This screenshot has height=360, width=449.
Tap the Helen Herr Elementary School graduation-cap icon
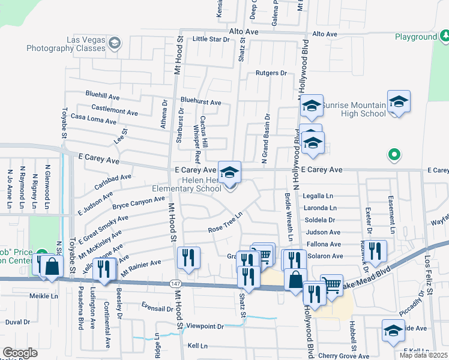(229, 173)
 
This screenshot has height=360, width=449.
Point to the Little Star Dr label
(211, 39)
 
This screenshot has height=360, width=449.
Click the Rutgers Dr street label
(271, 73)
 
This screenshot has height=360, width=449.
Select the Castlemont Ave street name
(115, 109)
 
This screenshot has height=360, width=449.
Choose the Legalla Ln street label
(318, 196)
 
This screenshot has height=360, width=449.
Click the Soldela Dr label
(319, 220)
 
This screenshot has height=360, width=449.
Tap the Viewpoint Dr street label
(205, 326)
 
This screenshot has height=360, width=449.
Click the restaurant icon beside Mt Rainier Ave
(189, 259)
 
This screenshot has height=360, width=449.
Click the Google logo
(20, 353)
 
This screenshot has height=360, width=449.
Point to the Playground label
(415, 37)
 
